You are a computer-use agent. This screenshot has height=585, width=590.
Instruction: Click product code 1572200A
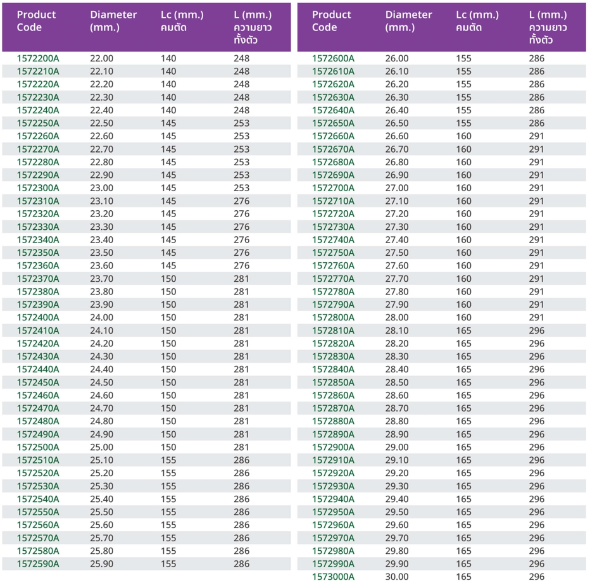pos(38,58)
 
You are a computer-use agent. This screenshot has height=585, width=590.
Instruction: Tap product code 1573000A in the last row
pos(333,577)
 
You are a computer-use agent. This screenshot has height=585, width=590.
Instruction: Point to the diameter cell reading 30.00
pos(397,577)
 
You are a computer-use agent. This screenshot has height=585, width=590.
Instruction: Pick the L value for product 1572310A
pos(242,201)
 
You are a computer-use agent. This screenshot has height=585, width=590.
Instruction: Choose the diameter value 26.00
pos(397,58)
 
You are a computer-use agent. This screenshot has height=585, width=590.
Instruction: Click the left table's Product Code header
pos(36,21)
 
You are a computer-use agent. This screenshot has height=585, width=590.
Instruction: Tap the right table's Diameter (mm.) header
pos(408,21)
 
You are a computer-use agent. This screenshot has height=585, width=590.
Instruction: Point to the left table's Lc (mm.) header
pos(182,21)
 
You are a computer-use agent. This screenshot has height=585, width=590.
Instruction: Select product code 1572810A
pos(333,330)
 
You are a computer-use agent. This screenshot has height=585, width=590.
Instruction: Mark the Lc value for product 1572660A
pos(464,136)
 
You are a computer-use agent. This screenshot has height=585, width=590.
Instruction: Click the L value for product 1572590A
pos(242,564)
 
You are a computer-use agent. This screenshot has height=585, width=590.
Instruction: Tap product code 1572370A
pos(38,279)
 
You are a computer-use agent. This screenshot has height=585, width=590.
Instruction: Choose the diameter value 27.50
pos(397,253)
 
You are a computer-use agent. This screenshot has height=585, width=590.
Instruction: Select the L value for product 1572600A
pos(537,58)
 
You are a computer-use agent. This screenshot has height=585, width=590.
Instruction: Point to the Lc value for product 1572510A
pos(168,460)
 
